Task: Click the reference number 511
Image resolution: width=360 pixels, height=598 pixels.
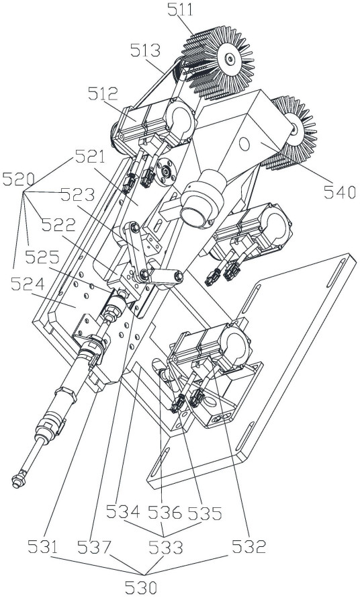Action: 181,9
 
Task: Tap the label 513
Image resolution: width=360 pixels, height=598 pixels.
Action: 145,50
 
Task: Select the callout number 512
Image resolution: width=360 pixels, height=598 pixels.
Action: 103,93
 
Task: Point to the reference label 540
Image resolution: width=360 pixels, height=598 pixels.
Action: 340,192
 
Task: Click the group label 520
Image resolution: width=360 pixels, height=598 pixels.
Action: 19,179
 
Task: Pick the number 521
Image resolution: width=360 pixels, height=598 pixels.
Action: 91,157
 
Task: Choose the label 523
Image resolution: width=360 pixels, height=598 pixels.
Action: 78,195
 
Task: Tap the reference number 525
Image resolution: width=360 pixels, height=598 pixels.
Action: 42,257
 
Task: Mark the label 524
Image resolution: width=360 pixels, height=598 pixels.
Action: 28,284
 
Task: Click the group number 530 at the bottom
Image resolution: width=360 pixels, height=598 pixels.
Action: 141,588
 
